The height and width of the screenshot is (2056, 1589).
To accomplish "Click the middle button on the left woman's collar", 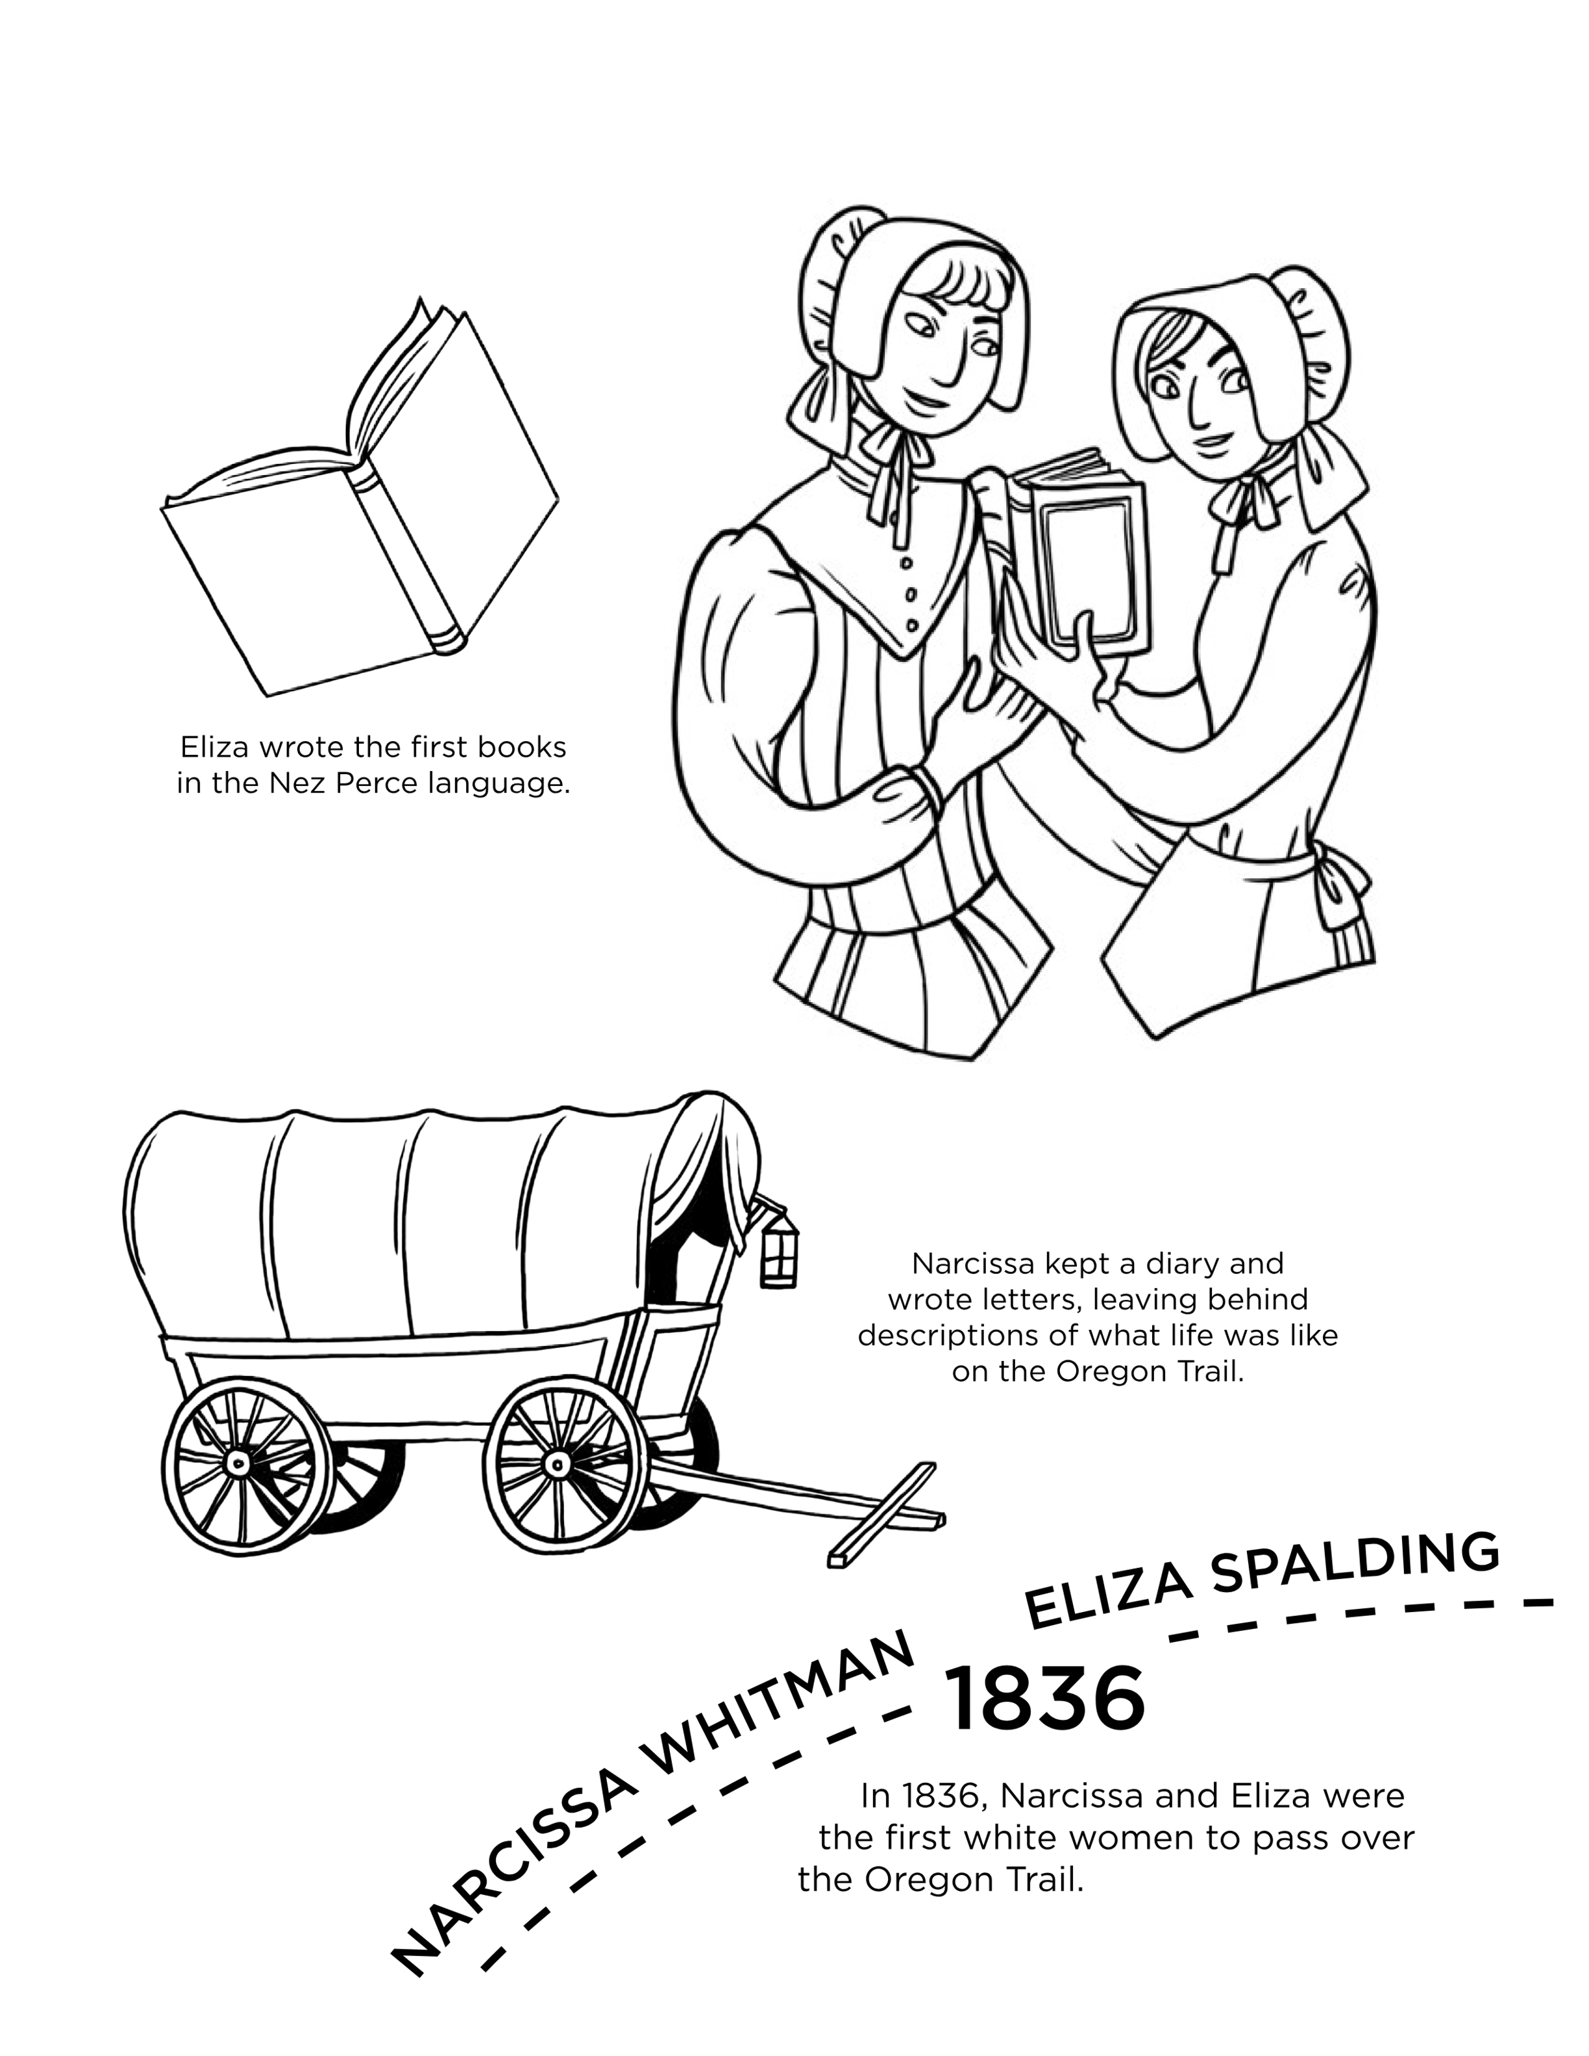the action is tap(910, 594).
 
